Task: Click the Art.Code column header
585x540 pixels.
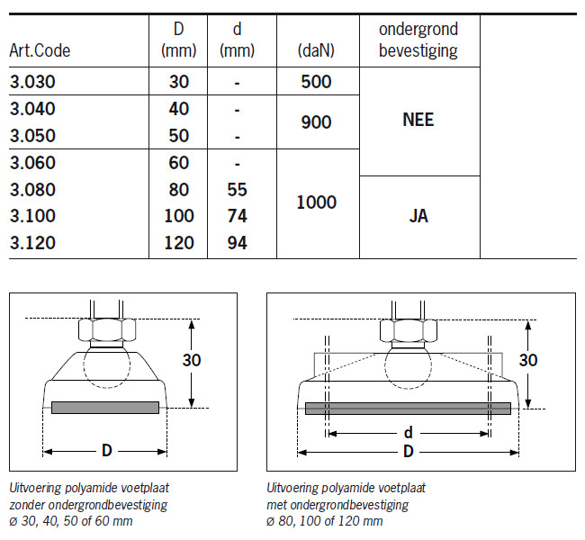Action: coord(40,50)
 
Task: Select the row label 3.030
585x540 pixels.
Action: coord(32,81)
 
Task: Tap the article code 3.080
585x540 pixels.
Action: coord(32,190)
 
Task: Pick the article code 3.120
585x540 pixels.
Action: coord(32,243)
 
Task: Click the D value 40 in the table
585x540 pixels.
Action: coord(179,109)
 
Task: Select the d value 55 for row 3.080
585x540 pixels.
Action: coord(237,190)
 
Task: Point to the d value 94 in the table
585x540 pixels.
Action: coord(237,243)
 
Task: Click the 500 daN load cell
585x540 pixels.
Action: coord(316,81)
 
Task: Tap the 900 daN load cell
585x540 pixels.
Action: coord(316,122)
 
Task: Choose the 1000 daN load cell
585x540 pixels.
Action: coord(316,202)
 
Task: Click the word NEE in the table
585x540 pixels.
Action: coord(418,119)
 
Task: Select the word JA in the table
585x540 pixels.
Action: coord(418,216)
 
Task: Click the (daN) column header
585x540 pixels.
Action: coord(316,51)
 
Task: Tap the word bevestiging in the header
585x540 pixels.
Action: coord(419,50)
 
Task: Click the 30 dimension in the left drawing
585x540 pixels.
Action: coord(191,360)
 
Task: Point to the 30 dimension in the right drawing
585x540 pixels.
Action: coord(529,360)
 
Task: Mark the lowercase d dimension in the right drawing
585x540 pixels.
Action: coord(408,433)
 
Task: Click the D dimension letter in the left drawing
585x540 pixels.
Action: coord(105,449)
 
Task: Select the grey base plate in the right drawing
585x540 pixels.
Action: coord(408,408)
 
